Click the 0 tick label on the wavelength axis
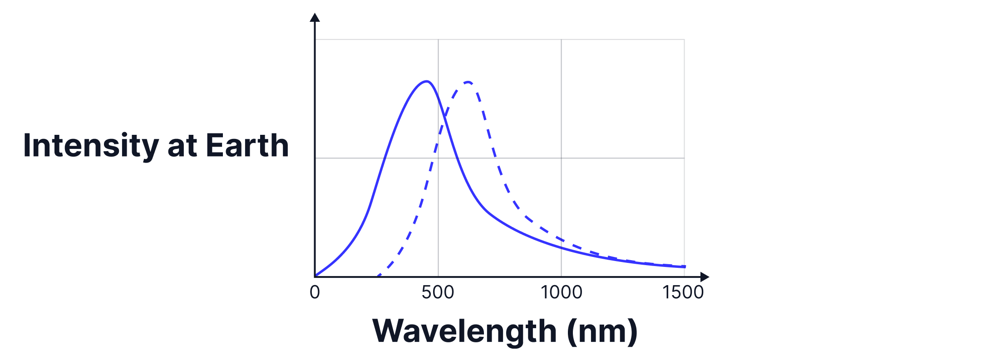tap(315, 292)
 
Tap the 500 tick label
tap(438, 292)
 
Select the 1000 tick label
tap(562, 292)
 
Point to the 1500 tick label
tap(683, 292)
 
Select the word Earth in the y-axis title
tap(247, 146)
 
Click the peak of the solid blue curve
tap(427, 81)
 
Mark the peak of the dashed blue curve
tap(468, 82)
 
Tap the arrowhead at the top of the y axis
tap(315, 17)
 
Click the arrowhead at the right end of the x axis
tap(705, 276)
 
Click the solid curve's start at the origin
tap(316, 276)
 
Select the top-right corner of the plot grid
tap(684, 39)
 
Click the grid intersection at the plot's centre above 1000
tap(561, 158)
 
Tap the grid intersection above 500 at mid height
tap(438, 158)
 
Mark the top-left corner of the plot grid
tap(315, 39)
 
